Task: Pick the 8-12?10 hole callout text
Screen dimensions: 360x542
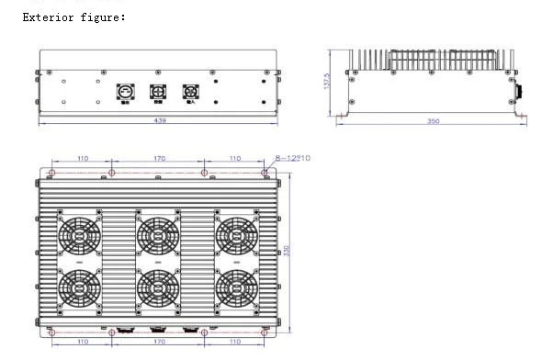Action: click(x=293, y=159)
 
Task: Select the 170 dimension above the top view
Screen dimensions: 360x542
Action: click(x=158, y=159)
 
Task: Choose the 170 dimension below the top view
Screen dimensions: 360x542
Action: click(x=158, y=341)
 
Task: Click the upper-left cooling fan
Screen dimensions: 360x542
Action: click(x=80, y=234)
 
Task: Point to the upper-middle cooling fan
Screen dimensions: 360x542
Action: click(x=158, y=234)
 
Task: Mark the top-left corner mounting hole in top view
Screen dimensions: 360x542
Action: click(x=52, y=172)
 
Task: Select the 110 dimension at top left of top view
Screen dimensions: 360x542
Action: click(x=83, y=159)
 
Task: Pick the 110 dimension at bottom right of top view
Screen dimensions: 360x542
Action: click(x=234, y=341)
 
